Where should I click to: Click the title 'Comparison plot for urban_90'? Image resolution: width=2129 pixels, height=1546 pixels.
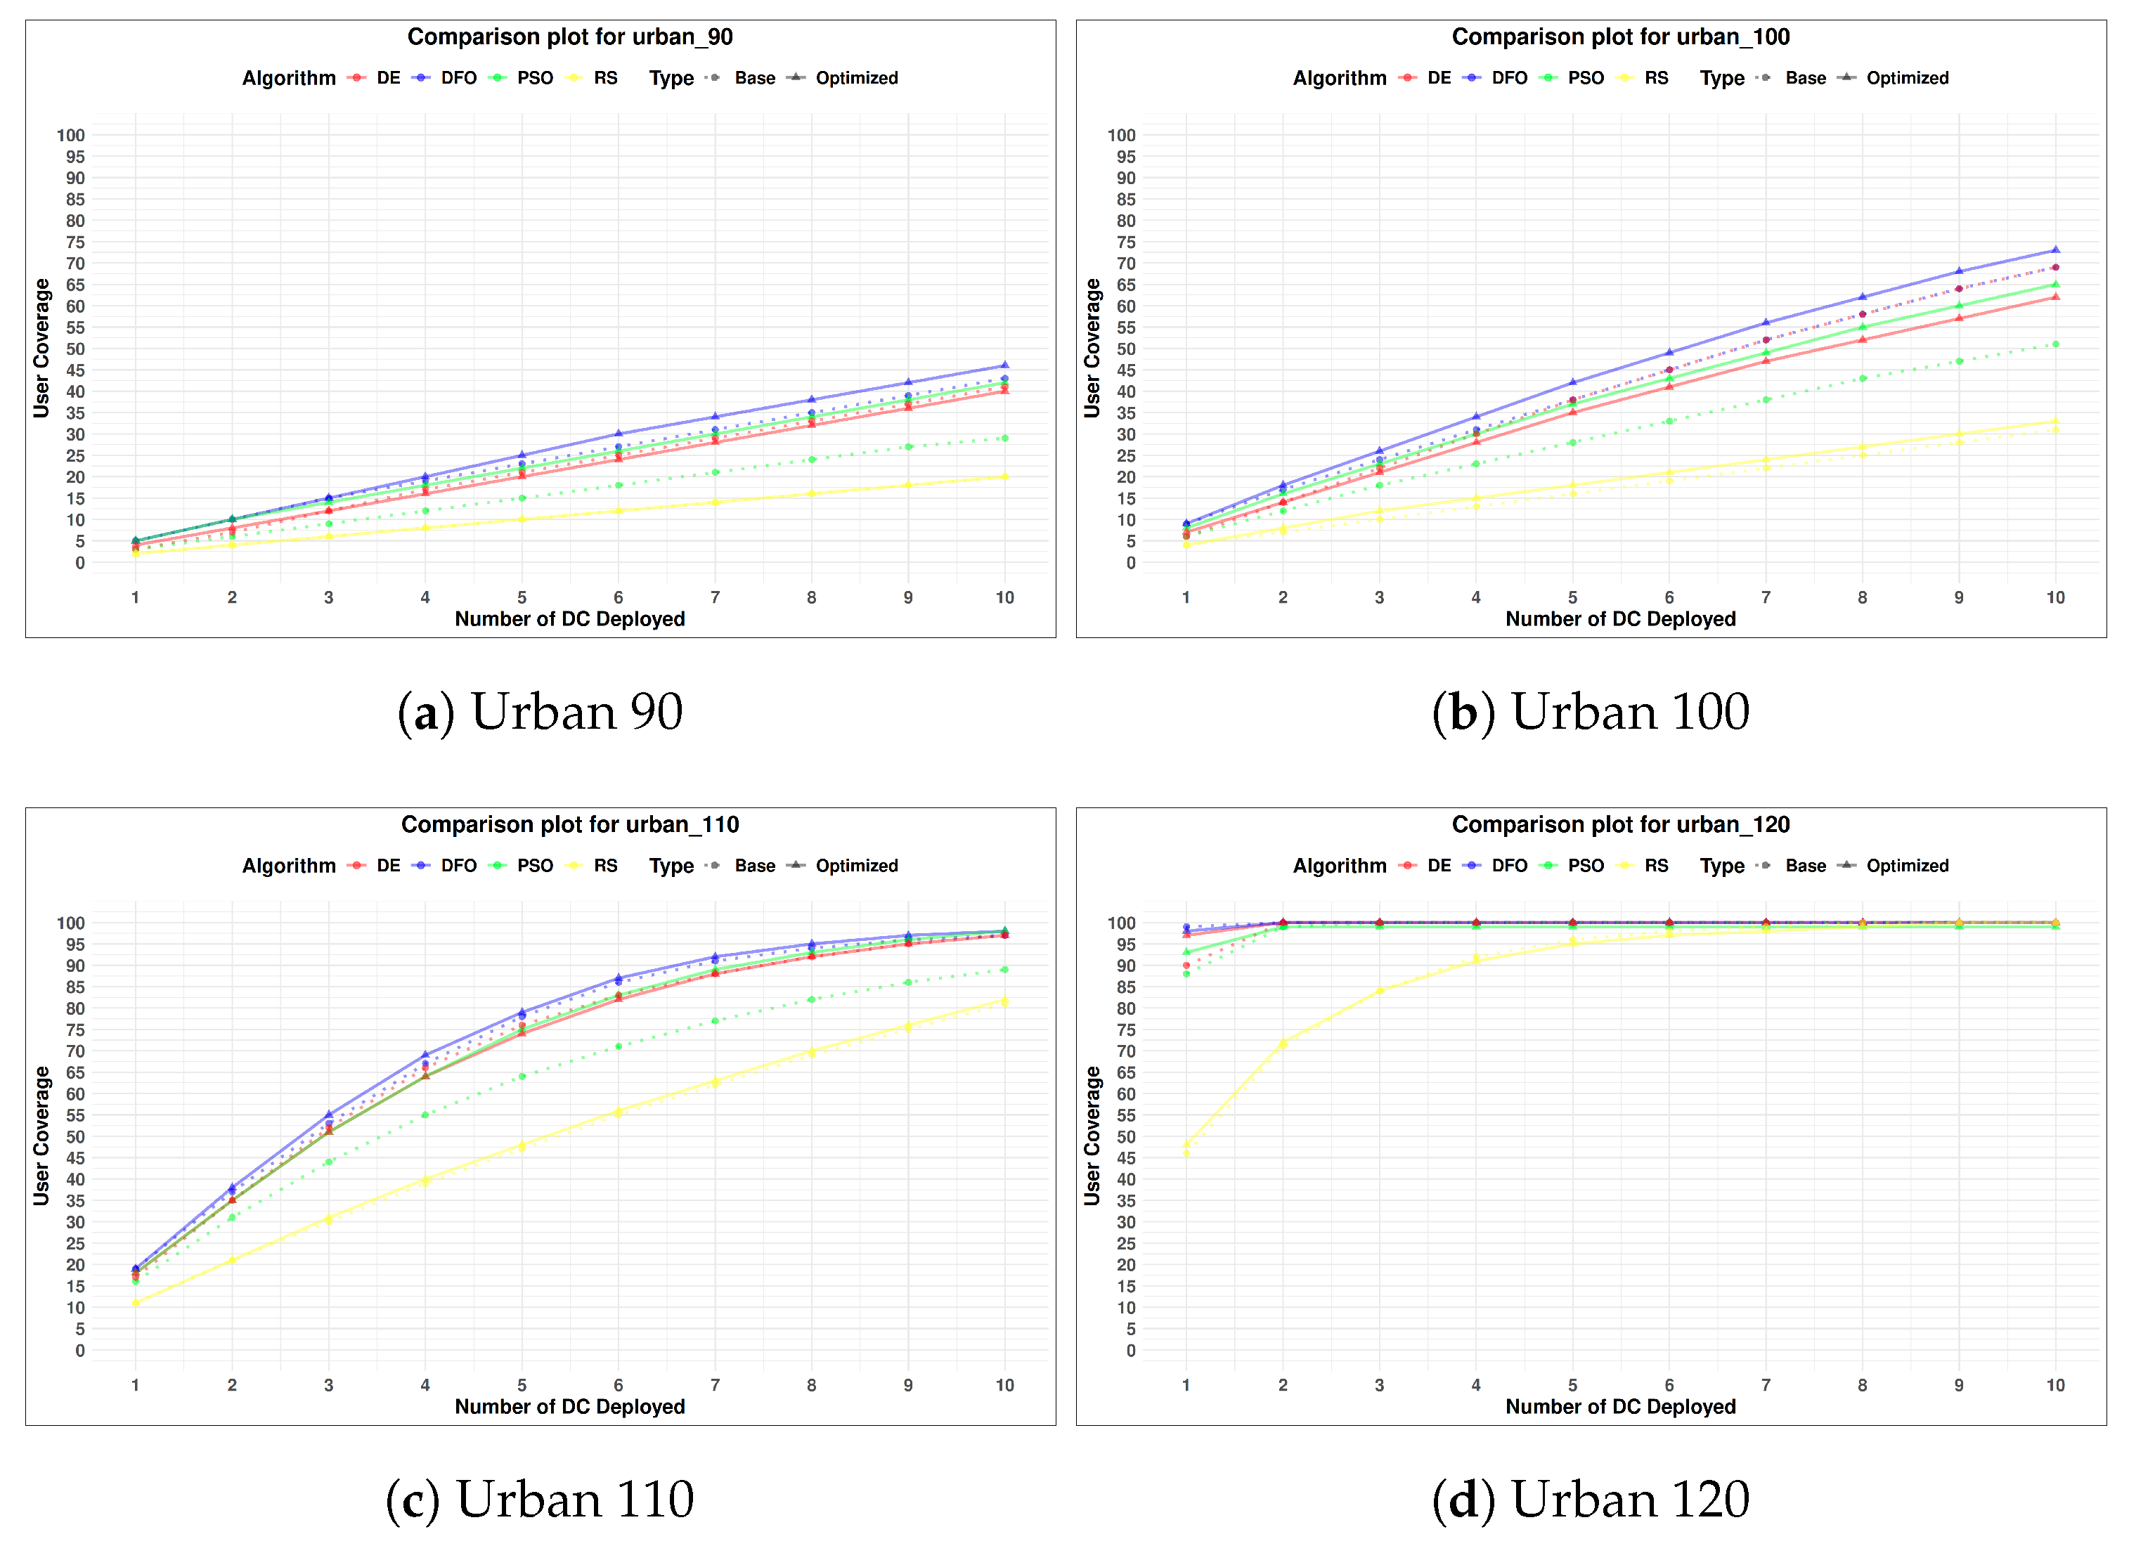pos(570,37)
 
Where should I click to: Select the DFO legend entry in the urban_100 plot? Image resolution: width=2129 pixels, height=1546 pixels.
pos(1499,78)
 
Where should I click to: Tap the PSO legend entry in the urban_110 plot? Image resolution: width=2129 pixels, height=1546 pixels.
pos(525,866)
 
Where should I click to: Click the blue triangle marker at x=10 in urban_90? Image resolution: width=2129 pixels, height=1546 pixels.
pos(1004,365)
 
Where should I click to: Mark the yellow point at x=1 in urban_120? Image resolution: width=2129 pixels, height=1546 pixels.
pos(1186,1145)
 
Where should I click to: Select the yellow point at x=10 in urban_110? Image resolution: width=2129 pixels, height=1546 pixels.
pos(1004,1001)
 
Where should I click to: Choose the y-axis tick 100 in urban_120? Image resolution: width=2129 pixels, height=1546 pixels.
pos(1121,923)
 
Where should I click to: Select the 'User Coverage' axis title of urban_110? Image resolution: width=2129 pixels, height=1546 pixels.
pos(41,1135)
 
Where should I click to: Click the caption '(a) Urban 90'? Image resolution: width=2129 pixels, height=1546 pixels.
pos(541,712)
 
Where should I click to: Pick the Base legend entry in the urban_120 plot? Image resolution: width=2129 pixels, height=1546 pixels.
pos(1796,866)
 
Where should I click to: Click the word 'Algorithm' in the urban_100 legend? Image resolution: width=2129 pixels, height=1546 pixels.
pos(1340,78)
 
